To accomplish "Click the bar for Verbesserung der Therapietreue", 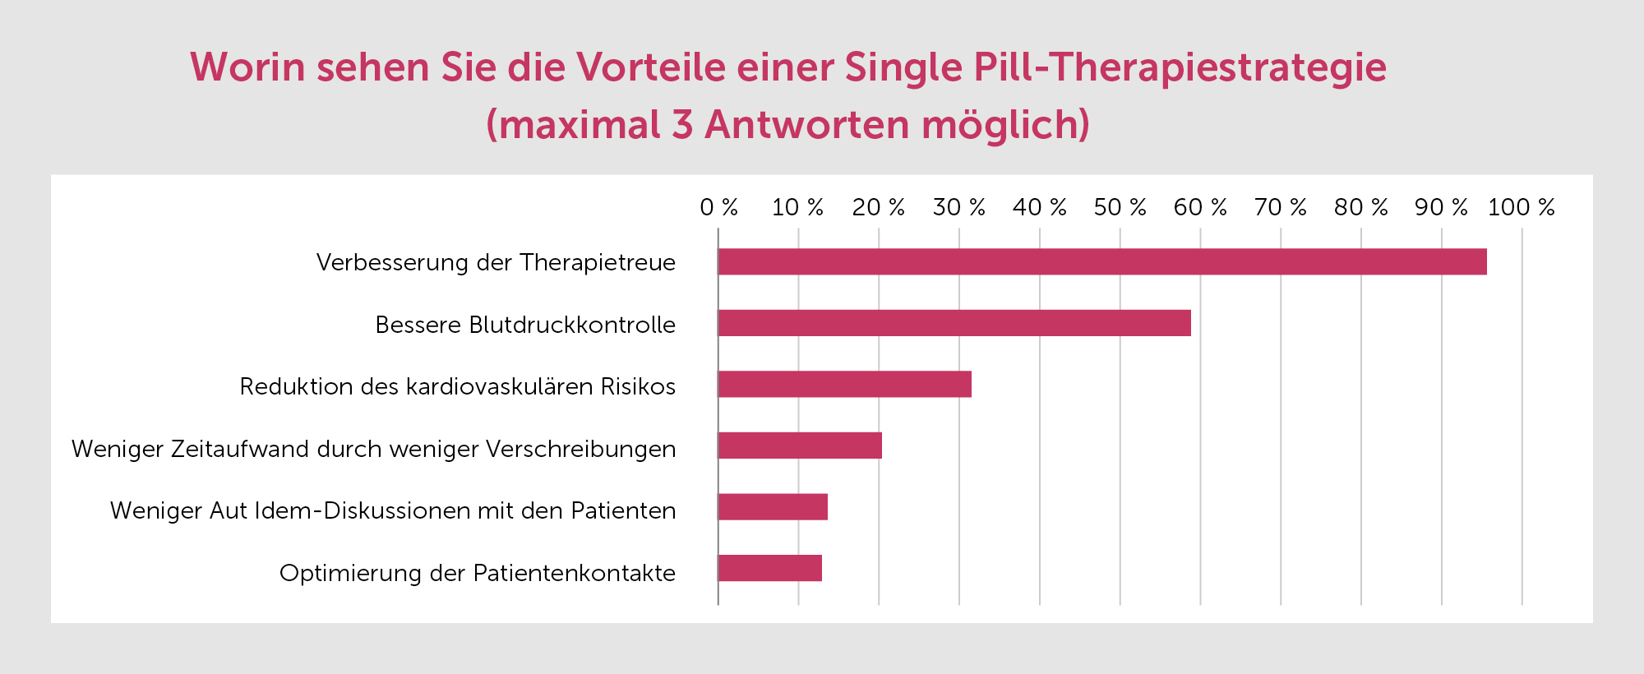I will point(1101,261).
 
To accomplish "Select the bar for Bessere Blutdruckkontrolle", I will point(954,323).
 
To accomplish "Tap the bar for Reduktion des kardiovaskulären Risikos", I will point(844,384).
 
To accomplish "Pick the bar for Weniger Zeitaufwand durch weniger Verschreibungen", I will point(800,445).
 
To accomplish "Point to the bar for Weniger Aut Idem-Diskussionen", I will point(773,507).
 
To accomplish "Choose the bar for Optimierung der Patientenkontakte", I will point(769,568).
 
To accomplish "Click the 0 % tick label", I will point(718,207).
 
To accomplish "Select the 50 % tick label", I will point(1120,207).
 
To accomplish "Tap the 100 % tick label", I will point(1521,207).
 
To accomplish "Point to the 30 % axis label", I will point(958,207).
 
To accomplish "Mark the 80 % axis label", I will point(1360,207).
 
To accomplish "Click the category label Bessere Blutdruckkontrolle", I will point(525,325).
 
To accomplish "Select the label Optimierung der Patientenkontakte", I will point(478,573).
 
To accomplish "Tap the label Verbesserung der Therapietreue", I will point(496,262).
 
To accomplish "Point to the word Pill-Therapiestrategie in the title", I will point(1180,67).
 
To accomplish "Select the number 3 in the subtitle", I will point(682,125).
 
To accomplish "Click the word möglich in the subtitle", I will point(1005,125).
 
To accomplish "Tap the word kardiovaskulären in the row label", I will point(499,386).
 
